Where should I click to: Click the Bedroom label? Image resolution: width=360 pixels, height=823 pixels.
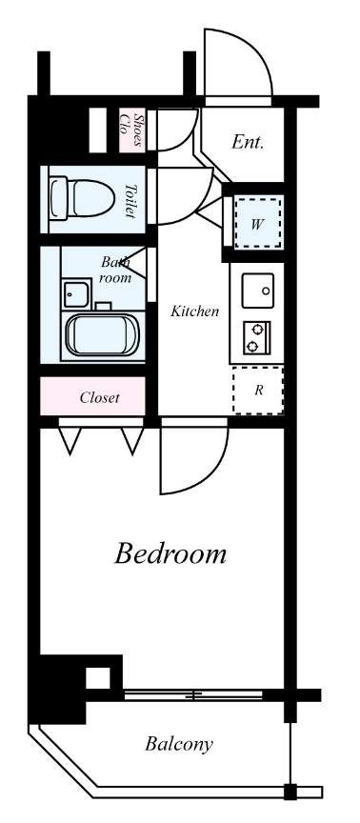point(170,553)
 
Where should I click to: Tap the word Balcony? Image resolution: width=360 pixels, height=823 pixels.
point(179,744)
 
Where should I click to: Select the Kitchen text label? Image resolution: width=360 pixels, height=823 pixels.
point(194,311)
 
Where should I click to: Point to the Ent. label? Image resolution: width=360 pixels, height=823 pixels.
point(248,142)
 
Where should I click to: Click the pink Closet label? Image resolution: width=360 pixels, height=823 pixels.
point(100,398)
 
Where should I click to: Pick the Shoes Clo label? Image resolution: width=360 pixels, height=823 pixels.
point(132,130)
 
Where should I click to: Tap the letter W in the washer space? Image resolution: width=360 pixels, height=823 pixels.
point(256,225)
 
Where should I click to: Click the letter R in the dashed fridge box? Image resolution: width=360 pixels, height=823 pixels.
point(259,390)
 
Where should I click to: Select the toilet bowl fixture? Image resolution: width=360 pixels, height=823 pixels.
point(82,199)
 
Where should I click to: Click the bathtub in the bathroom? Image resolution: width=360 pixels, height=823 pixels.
point(103,333)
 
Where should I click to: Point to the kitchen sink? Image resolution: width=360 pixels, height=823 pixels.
point(258,291)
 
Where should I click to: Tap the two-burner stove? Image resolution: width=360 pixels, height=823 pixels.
point(256,337)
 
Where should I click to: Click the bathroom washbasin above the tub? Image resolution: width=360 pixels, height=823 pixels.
point(76,294)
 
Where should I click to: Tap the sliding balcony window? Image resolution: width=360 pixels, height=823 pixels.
point(193,695)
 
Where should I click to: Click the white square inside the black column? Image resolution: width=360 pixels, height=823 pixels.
point(98,678)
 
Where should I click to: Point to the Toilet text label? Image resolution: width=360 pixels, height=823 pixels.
point(130,200)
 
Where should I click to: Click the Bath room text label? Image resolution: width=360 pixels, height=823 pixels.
point(115,270)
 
